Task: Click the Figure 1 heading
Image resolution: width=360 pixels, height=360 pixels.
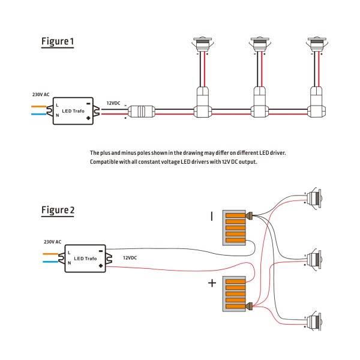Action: click(x=58, y=41)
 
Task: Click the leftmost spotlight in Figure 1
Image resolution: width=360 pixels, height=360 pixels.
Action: click(x=202, y=46)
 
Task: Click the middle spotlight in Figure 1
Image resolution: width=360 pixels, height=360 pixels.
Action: click(x=258, y=46)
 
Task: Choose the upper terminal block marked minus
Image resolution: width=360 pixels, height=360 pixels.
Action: click(x=235, y=227)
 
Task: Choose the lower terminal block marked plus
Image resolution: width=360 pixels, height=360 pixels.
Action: click(x=235, y=293)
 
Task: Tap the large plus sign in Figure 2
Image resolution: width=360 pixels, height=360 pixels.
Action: click(x=212, y=283)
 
